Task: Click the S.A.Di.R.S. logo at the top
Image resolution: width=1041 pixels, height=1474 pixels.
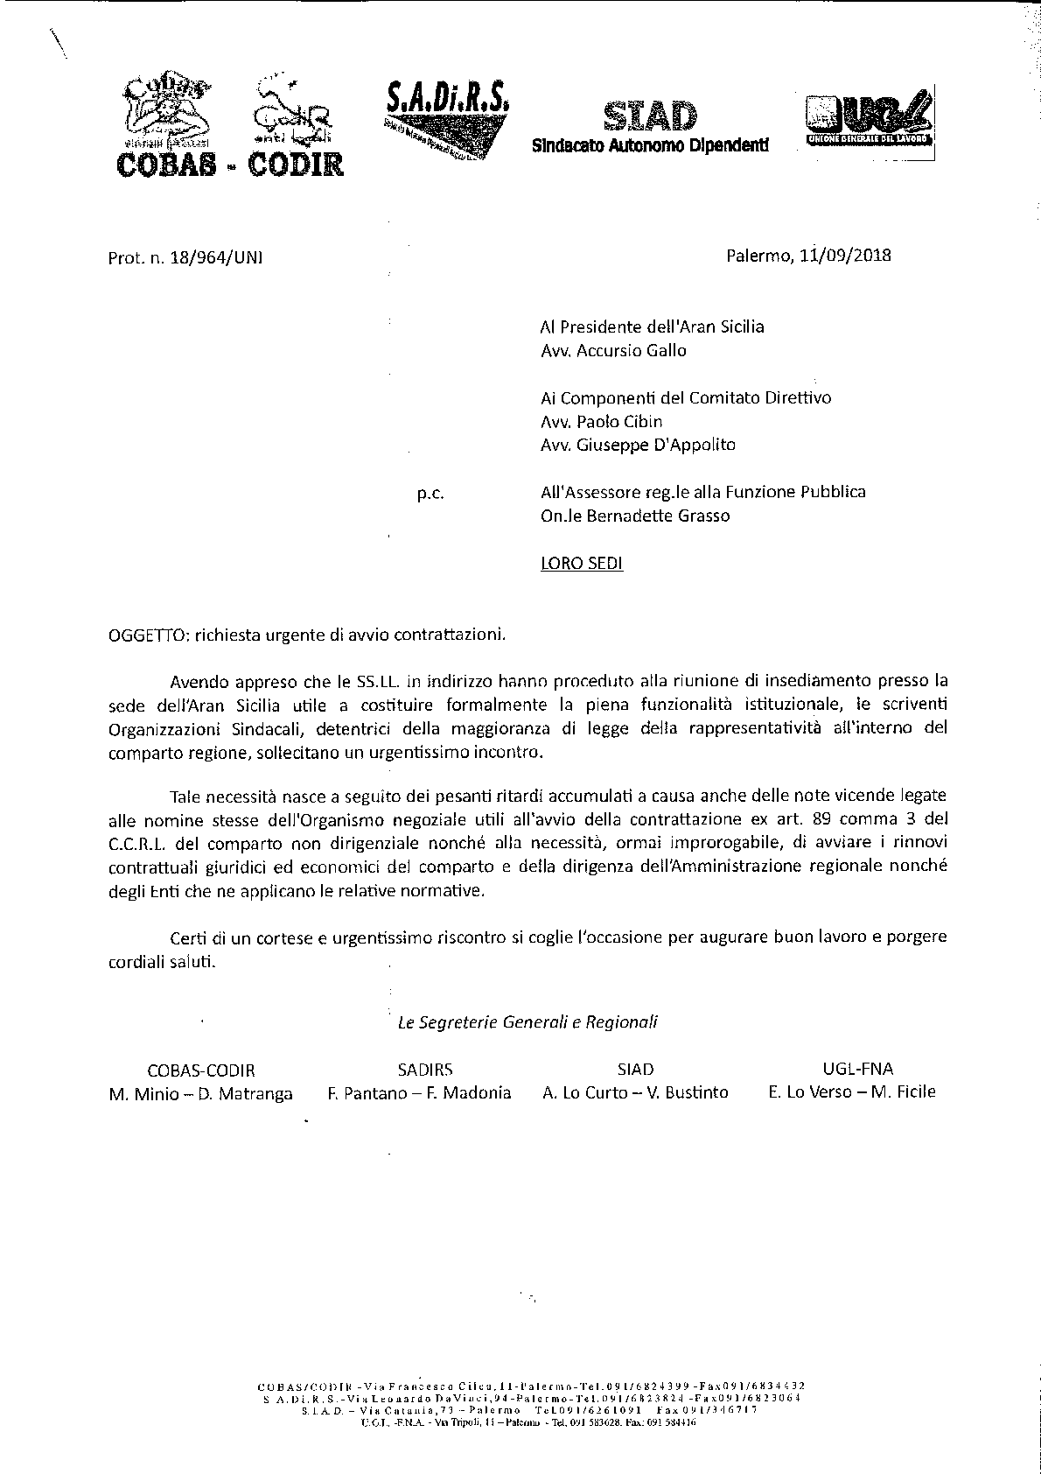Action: pyautogui.click(x=445, y=113)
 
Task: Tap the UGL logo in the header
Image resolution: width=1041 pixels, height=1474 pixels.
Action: pyautogui.click(x=870, y=122)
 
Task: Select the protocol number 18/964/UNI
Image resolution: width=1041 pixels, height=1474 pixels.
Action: pyautogui.click(x=211, y=257)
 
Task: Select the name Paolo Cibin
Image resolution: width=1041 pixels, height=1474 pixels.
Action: pyautogui.click(x=619, y=421)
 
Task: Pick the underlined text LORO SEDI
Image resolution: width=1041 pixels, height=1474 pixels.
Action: pyautogui.click(x=582, y=563)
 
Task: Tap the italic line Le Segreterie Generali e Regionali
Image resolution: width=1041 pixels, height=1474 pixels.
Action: pyautogui.click(x=527, y=1021)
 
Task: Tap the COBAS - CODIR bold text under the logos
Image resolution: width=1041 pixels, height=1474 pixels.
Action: pyautogui.click(x=230, y=163)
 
